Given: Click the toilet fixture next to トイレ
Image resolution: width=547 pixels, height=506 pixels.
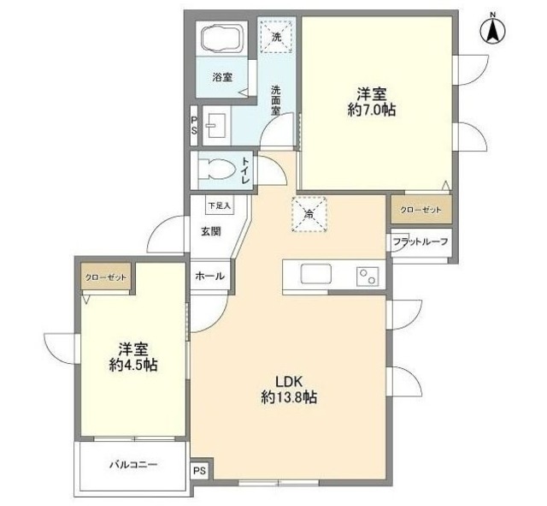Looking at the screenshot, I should (214, 168).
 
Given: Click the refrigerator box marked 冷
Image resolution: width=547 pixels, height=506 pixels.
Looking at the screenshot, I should (308, 214).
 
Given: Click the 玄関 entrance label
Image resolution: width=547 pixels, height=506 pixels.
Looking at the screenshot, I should (212, 230).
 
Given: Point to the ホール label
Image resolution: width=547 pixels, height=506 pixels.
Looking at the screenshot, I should (209, 277).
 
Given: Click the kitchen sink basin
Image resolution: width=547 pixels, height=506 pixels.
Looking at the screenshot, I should (315, 275).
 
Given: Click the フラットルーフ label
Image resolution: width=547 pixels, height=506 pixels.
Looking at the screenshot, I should (420, 242).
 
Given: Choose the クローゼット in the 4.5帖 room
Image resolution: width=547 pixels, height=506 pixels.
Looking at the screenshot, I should (104, 278).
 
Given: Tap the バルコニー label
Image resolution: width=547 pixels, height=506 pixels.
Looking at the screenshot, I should (132, 465).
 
